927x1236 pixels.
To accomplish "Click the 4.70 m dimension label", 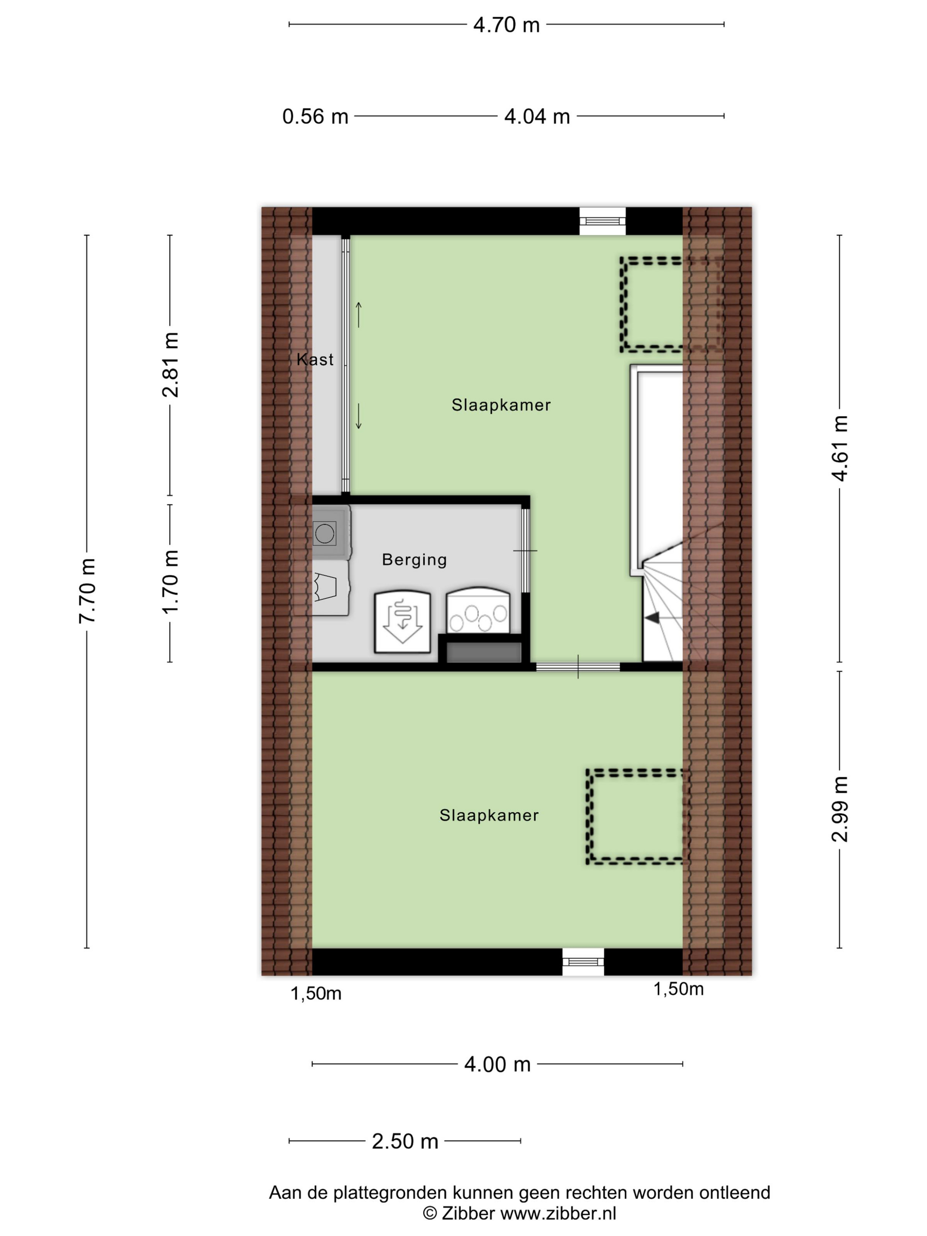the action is click(506, 25).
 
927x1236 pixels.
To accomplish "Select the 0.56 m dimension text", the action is click(315, 116).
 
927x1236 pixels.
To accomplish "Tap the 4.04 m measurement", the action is click(537, 116).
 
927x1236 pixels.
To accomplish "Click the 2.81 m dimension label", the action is click(170, 364).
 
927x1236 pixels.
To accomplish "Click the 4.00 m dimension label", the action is click(497, 1064).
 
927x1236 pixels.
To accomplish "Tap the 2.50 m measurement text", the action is click(405, 1141).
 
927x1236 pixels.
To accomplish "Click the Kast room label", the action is click(315, 359).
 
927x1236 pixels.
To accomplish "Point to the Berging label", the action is click(414, 560).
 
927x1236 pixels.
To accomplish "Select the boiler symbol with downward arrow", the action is click(402, 622).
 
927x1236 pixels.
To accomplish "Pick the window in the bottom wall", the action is click(583, 961).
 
